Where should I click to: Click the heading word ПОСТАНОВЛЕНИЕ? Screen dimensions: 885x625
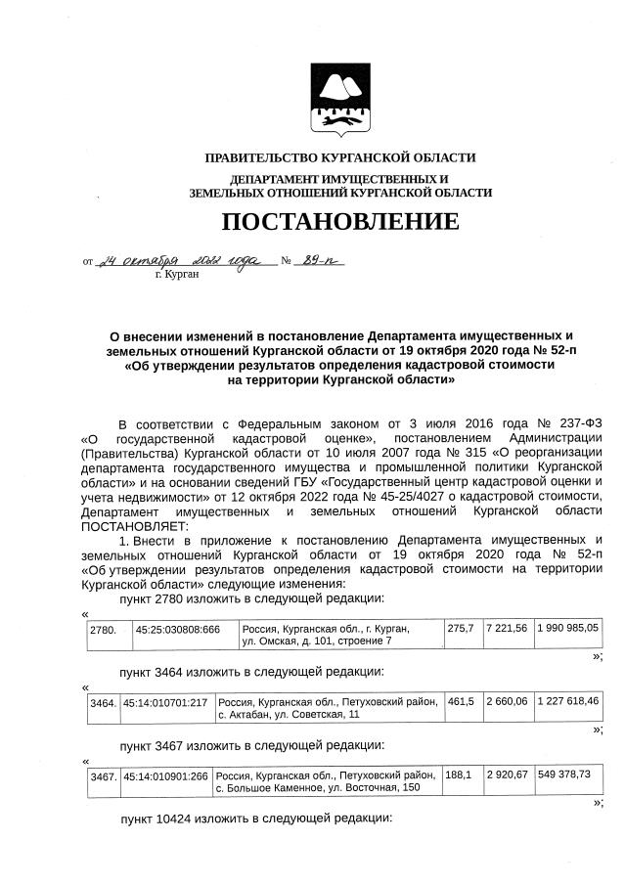339,222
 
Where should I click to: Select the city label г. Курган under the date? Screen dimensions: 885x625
177,276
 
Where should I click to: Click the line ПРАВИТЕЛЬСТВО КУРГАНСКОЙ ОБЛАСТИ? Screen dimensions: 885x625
339,157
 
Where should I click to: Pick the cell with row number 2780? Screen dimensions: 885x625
103,627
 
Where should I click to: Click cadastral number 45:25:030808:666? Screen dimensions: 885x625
177,627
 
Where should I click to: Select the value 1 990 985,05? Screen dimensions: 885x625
568,627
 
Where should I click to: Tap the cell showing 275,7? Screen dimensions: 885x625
460,627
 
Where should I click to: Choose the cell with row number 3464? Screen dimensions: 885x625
103,701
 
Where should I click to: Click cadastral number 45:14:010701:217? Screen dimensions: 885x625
166,701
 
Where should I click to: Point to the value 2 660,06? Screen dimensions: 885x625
508,701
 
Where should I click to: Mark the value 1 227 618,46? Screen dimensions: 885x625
568,701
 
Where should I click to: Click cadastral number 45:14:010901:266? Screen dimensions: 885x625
166,775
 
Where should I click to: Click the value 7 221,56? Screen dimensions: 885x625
508,627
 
